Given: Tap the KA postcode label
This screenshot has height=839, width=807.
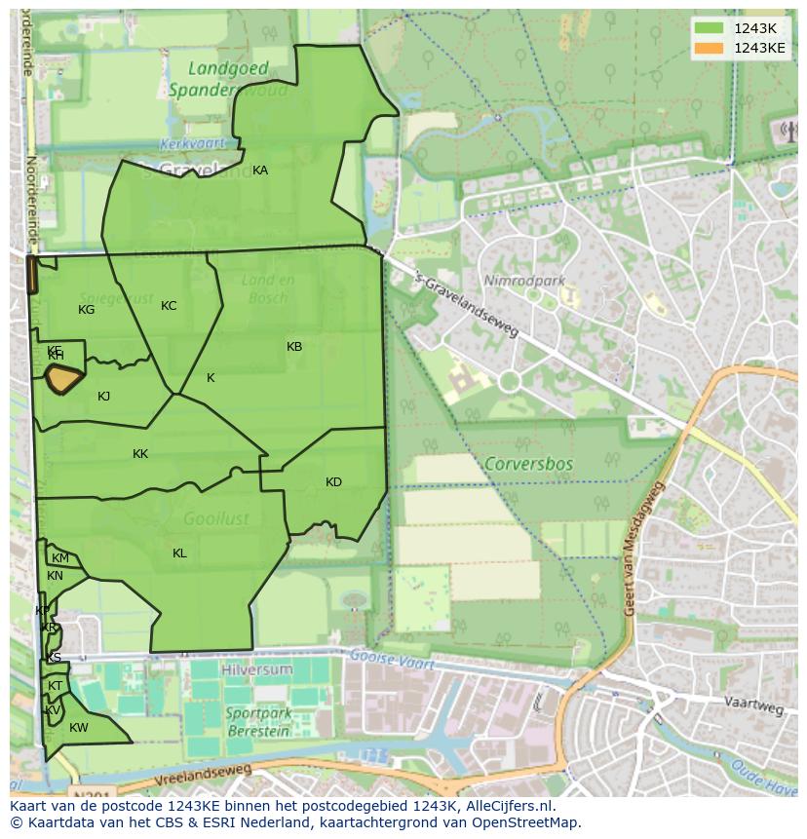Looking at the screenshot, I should [260, 171].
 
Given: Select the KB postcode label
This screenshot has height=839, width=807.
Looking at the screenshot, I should [294, 347].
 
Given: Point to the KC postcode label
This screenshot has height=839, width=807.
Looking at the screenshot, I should [169, 306].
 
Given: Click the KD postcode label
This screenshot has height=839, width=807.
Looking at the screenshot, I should [333, 482].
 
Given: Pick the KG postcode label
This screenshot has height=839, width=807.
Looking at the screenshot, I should [87, 310].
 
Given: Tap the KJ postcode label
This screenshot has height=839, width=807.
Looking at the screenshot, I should [104, 397].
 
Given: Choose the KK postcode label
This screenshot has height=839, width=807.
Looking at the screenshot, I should [140, 454].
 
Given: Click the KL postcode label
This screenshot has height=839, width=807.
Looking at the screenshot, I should [179, 553].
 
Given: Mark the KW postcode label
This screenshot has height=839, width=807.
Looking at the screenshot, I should [79, 728].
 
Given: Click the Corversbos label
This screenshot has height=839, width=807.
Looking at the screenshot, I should [527, 465].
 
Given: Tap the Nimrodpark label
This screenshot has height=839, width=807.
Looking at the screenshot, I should [524, 282].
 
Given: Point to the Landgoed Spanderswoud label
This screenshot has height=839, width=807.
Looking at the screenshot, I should [228, 80].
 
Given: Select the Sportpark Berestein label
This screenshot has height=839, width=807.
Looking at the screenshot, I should [257, 722].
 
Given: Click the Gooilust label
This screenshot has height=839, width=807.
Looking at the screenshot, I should [215, 519].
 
